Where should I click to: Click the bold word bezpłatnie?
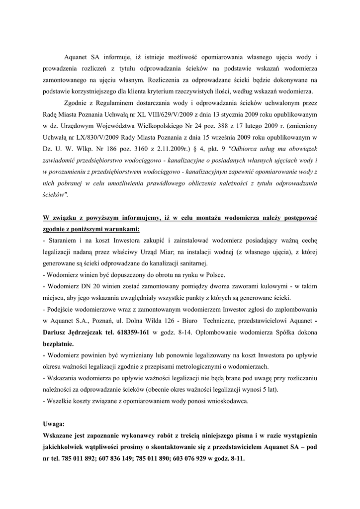58,343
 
